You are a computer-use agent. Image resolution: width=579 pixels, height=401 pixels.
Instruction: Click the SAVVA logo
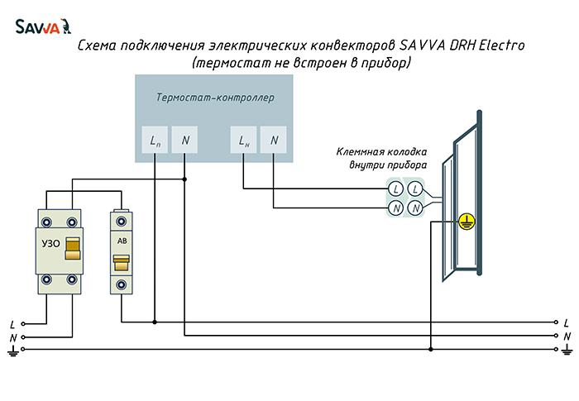coord(43,26)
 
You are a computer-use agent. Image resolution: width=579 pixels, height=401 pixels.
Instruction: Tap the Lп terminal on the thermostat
coord(155,140)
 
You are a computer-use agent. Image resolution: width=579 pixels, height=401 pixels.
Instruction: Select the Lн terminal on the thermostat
coord(243,140)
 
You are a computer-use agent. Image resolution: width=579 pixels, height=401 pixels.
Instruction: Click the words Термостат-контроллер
coord(215,98)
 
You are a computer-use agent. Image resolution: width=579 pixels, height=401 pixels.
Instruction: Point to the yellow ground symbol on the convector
coord(467,222)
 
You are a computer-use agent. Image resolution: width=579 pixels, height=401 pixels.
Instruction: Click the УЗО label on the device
coord(50,243)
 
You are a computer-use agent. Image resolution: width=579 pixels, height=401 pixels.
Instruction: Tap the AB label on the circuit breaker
coord(122,241)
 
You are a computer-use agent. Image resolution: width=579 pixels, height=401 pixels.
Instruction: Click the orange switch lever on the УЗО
coord(73,249)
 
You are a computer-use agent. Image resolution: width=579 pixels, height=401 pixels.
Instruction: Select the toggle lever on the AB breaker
coord(121,263)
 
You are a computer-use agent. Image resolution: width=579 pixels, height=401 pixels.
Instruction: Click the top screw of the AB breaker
coord(121,222)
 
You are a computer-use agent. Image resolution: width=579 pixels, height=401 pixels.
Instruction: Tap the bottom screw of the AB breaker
coord(121,284)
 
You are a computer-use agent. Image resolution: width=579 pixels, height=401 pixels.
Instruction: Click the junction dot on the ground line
coord(431,349)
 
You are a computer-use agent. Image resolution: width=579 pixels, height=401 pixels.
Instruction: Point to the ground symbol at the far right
coord(567,349)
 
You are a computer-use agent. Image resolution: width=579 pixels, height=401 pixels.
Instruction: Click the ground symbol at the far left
coord(13,351)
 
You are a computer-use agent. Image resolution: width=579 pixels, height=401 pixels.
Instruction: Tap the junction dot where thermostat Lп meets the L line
coord(155,322)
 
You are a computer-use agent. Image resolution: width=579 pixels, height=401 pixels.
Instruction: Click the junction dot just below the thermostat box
coord(184,179)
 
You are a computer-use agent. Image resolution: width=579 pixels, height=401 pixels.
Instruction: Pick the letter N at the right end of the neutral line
coord(567,337)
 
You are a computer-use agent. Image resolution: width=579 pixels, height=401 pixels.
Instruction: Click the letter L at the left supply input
coord(12,325)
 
